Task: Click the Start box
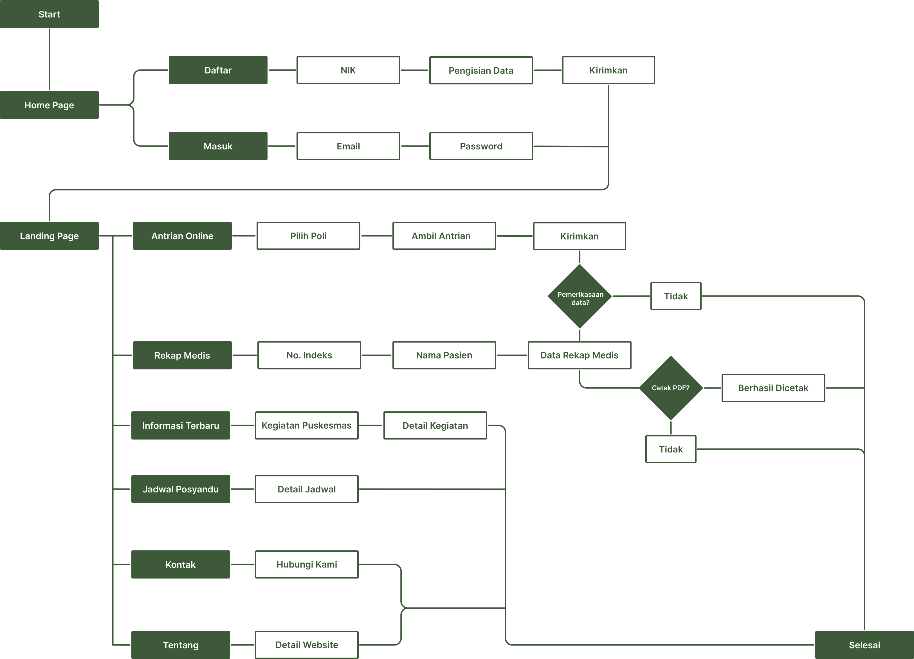click(49, 14)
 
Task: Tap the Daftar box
click(218, 70)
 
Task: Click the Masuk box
click(218, 146)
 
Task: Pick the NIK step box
click(348, 70)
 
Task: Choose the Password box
click(481, 146)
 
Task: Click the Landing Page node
click(49, 236)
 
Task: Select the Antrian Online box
click(182, 236)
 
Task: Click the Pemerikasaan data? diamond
click(580, 297)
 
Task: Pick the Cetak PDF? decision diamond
click(671, 388)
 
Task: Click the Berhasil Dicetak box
click(773, 388)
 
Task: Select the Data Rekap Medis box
click(579, 355)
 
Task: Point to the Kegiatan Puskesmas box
click(306, 425)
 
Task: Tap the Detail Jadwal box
click(306, 489)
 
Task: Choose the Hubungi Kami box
click(306, 564)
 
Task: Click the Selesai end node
click(864, 645)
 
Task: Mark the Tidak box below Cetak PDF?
click(671, 449)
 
